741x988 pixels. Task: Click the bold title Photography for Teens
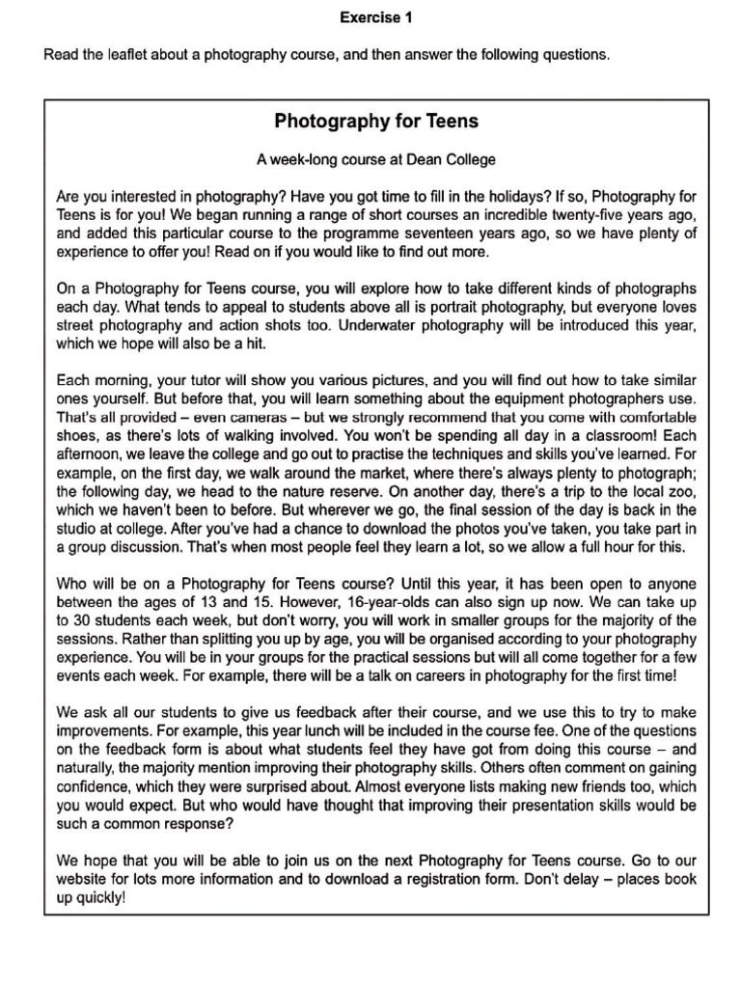[376, 122]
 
